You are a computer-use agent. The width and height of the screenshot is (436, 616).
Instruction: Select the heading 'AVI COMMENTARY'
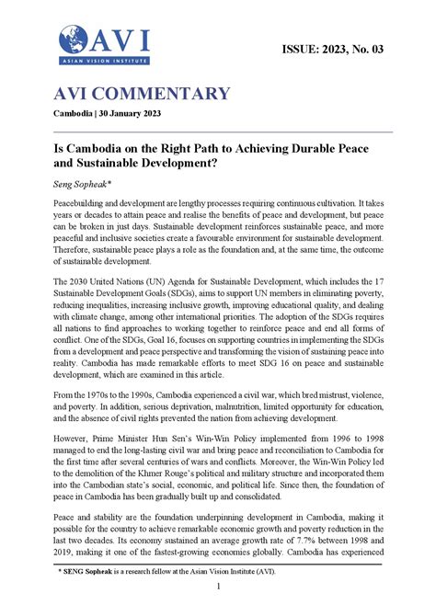(143, 94)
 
